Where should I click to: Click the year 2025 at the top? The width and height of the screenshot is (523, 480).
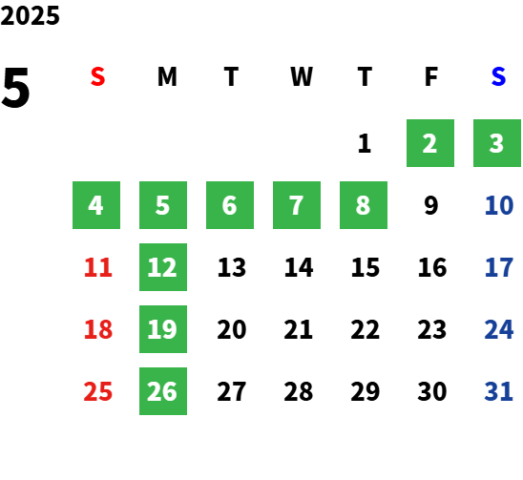pos(30,15)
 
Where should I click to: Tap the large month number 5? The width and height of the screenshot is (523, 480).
pos(15,88)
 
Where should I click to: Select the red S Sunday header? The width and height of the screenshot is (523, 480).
pos(97,76)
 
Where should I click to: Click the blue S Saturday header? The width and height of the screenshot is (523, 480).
pos(498,76)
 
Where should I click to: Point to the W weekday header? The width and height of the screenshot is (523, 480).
pos(302,76)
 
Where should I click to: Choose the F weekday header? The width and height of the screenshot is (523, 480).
pos(431,76)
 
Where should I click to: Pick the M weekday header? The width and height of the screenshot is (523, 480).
pos(167,76)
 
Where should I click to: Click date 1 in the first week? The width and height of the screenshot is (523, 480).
pos(365,143)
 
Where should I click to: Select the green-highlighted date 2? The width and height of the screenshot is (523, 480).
pos(430,143)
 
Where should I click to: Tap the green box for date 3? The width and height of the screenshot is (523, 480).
pos(497,143)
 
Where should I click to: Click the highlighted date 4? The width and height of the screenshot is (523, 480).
pos(96,205)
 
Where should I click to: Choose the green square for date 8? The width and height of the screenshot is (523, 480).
pos(364,205)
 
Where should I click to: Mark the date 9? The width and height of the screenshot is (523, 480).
pos(431,205)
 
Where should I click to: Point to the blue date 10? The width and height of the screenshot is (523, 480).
pos(499,205)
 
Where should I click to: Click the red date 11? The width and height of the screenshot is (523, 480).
pos(98,267)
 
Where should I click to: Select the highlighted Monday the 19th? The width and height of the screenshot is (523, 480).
pos(163,329)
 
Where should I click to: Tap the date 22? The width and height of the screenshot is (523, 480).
pos(365,329)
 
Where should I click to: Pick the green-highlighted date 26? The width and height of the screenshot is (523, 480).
pos(163,391)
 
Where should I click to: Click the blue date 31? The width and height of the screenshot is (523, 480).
pos(498,391)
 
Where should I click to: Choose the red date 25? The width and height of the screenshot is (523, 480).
pos(98,391)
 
